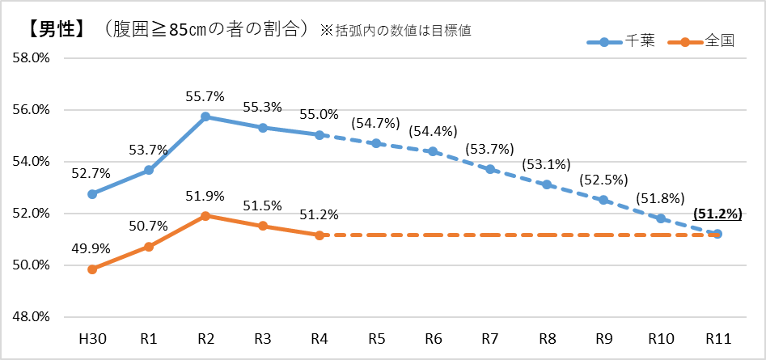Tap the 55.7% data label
tap(205, 96)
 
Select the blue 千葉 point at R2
tap(205, 116)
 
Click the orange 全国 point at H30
tap(92, 269)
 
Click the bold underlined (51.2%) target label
tap(717, 214)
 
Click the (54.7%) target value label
tap(376, 123)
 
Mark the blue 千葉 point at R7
tap(490, 169)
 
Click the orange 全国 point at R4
tap(320, 235)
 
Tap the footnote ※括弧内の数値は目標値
tap(396, 30)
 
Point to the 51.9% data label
tap(205, 197)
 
